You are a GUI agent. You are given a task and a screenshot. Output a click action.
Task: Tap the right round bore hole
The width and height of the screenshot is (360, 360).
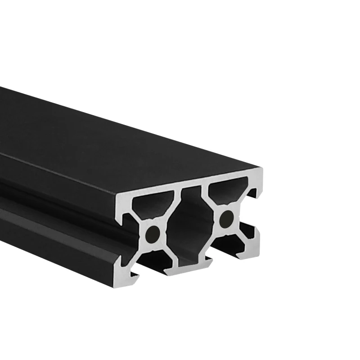[226, 219]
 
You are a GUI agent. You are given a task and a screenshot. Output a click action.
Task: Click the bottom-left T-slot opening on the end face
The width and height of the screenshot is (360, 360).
[152, 262]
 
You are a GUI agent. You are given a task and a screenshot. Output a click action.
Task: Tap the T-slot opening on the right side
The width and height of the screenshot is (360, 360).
[252, 211]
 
